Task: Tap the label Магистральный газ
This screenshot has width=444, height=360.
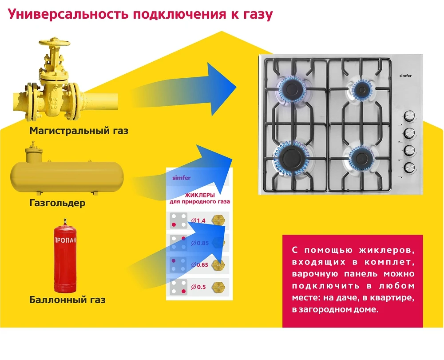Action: click(x=79, y=131)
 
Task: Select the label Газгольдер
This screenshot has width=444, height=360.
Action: click(x=58, y=204)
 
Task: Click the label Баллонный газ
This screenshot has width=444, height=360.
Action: click(x=67, y=300)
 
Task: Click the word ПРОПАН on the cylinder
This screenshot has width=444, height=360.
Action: click(x=65, y=240)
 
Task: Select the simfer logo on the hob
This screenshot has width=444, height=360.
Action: click(x=405, y=76)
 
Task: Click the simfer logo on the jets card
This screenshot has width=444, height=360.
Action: click(x=181, y=178)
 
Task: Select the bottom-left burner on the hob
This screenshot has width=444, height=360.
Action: click(x=292, y=156)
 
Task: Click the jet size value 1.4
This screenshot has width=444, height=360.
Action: click(x=201, y=220)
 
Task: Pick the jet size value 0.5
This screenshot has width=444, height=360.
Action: click(x=201, y=287)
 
